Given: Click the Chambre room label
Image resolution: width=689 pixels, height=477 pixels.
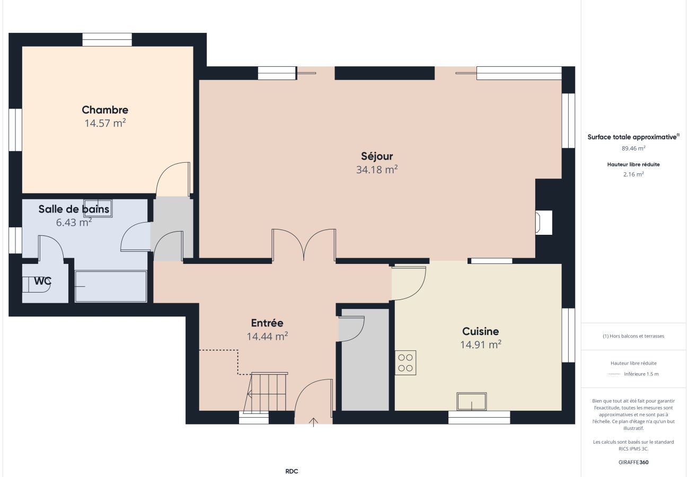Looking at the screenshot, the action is coord(105,110).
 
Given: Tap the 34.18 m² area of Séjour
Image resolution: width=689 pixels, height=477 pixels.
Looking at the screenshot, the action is coord(377,170).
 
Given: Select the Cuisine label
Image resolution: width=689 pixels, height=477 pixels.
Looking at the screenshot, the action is coord(481,331).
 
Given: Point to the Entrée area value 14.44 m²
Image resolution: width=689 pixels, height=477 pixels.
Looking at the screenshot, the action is coord(267,336).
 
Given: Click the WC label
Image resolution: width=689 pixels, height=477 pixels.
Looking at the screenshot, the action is coord(42,281).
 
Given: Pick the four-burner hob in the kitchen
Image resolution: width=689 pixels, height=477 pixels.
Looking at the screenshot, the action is coord(405,363).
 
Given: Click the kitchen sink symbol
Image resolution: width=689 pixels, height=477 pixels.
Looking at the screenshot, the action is coord(472,401).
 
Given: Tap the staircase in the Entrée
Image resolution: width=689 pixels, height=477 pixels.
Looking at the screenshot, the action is coord(266,392).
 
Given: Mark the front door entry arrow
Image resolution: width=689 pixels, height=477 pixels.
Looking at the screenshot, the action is coord(313,422).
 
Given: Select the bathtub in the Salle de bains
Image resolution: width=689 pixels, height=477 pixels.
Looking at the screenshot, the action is coord(111,286).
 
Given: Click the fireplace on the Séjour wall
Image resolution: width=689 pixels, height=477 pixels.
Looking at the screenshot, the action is coord(543,223).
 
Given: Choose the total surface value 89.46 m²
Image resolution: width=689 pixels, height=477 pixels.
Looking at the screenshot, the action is coord(633,148).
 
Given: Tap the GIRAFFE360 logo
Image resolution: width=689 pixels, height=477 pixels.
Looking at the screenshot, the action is coord(633,462).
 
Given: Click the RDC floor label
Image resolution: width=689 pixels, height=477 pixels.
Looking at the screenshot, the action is coord(291,471).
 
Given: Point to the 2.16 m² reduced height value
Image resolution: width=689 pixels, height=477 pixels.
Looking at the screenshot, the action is coord(634,174).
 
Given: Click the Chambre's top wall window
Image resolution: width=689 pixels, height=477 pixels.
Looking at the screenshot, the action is coord(107,40).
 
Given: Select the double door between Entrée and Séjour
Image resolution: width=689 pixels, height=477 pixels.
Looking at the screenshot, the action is coord(304,245).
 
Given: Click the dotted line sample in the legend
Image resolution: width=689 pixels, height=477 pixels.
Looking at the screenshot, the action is coord(614,374).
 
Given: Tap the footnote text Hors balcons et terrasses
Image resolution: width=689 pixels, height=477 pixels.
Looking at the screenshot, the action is coord(633,336).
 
